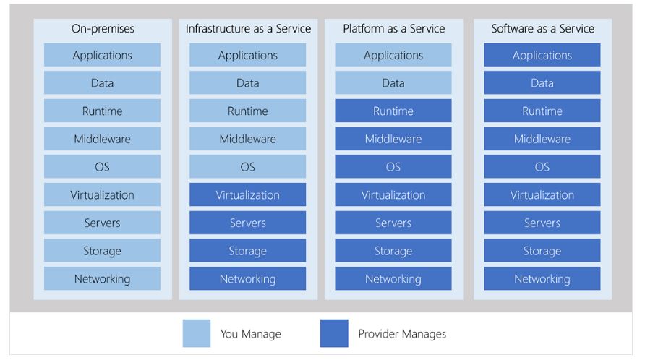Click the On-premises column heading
[103, 28]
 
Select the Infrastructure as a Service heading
[248, 28]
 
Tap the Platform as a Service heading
[393, 28]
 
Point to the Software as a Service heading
[542, 28]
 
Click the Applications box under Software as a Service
[542, 55]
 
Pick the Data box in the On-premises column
[103, 82]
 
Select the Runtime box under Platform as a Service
[393, 111]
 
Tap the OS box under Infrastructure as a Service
[247, 167]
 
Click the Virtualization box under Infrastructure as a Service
[247, 194]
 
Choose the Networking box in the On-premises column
[103, 278]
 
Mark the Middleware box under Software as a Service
[542, 139]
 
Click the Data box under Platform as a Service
[393, 82]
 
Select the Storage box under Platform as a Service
[393, 251]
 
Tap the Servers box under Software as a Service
[542, 223]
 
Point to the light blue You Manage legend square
[197, 333]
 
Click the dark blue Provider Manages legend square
[334, 333]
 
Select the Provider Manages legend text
[402, 334]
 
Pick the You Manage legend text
[250, 334]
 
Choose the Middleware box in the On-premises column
[103, 139]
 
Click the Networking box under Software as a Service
[542, 278]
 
